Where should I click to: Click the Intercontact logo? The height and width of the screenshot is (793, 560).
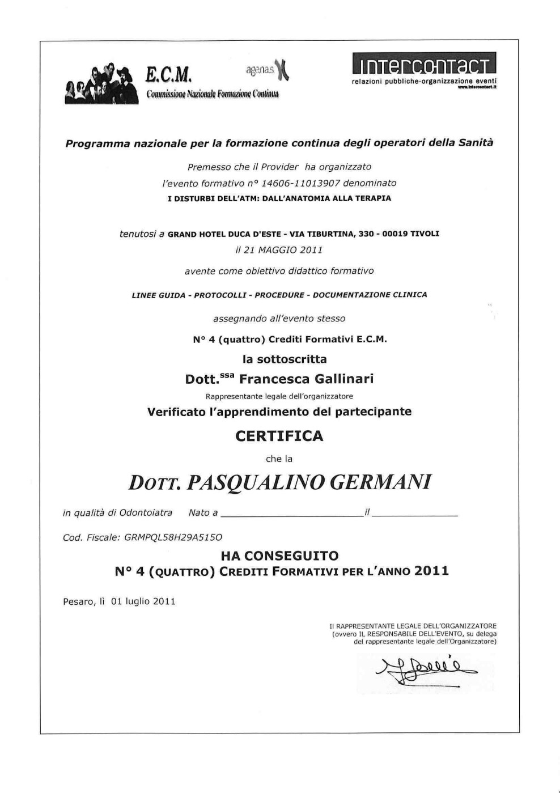click(x=424, y=63)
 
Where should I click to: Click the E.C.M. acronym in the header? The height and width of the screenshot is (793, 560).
click(x=169, y=74)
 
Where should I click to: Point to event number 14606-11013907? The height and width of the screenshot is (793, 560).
click(x=300, y=183)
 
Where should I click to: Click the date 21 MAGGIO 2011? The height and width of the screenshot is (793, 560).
click(x=279, y=250)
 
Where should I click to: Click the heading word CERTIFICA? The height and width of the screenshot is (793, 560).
click(x=279, y=436)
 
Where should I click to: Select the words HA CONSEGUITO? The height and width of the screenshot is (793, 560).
click(x=279, y=556)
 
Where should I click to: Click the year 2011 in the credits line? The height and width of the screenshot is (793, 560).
click(x=431, y=571)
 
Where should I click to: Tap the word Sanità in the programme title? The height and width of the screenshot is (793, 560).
click(x=474, y=143)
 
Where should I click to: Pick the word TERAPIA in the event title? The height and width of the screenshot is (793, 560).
click(x=372, y=198)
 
